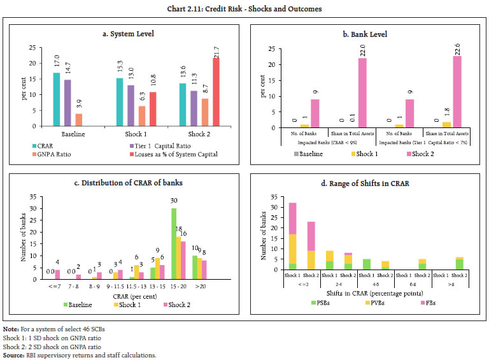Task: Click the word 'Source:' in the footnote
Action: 14,354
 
